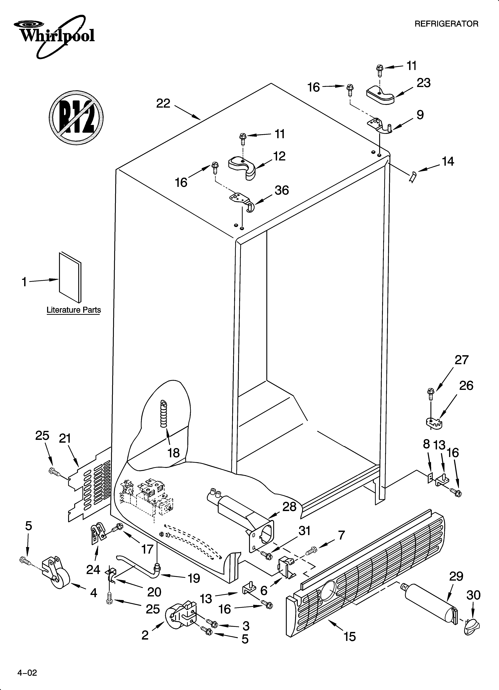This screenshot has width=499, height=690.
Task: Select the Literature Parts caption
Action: point(73,310)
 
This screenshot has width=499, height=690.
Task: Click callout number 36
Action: point(282,190)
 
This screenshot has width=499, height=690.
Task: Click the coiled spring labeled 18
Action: point(164,414)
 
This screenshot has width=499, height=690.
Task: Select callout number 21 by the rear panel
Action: point(65,438)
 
